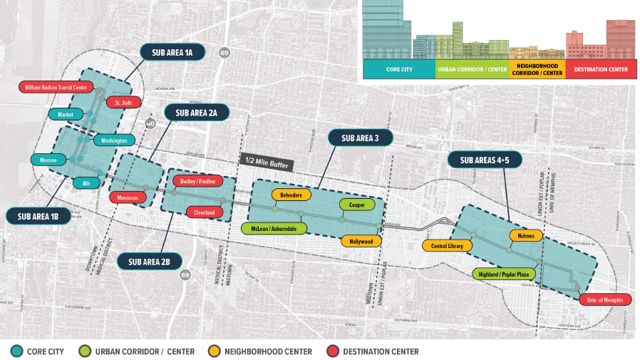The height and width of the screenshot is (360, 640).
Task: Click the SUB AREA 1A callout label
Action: pyautogui.click(x=172, y=52)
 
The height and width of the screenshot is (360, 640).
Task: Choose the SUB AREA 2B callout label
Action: pyautogui.click(x=150, y=262)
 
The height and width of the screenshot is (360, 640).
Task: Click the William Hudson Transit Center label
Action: pyautogui.click(x=56, y=87)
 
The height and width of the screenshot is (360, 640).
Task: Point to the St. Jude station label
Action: pyautogui.click(x=118, y=103)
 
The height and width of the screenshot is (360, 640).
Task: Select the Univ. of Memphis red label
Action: pyautogui.click(x=605, y=300)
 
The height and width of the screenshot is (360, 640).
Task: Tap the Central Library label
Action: pyautogui.click(x=447, y=246)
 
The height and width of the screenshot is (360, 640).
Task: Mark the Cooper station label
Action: pyautogui.click(x=357, y=205)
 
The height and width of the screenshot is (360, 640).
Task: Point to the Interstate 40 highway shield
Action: pyautogui.click(x=150, y=124)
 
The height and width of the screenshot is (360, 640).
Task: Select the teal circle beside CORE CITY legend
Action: pyautogui.click(x=16, y=351)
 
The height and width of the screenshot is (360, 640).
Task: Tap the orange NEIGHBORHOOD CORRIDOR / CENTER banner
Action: pyautogui.click(x=537, y=69)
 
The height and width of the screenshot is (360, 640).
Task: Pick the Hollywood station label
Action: pyautogui.click(x=361, y=241)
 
